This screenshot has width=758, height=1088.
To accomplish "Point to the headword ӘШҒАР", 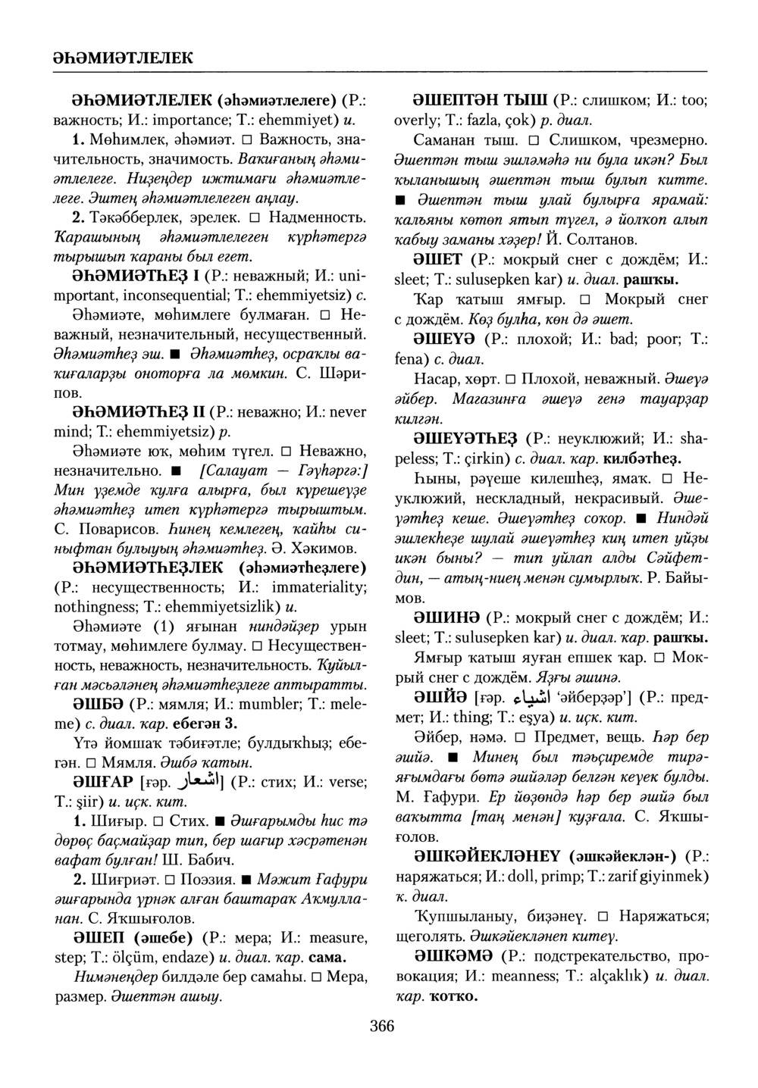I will pos(100,781).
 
